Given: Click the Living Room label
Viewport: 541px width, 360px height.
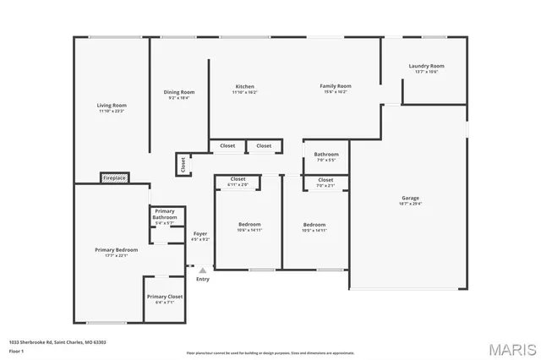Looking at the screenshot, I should click(111, 107).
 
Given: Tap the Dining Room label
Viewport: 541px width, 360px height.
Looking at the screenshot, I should click(178, 94).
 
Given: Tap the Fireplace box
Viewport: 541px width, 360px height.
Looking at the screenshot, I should click(114, 178).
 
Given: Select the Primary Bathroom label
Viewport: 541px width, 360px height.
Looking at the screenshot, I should click(165, 215).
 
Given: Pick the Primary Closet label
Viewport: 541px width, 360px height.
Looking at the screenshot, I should click(165, 298).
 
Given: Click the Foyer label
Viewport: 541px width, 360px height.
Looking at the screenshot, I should click(200, 236).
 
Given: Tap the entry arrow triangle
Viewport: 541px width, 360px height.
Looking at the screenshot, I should click(202, 270).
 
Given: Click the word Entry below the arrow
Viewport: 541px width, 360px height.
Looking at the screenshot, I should click(203, 279).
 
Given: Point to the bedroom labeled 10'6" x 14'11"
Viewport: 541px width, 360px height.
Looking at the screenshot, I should click(249, 226).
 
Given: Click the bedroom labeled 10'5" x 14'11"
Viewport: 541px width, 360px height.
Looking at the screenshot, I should click(314, 226).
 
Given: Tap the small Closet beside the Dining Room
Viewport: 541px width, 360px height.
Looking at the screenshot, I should click(183, 164).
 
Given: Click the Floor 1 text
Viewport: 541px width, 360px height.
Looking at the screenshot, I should click(17, 350).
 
